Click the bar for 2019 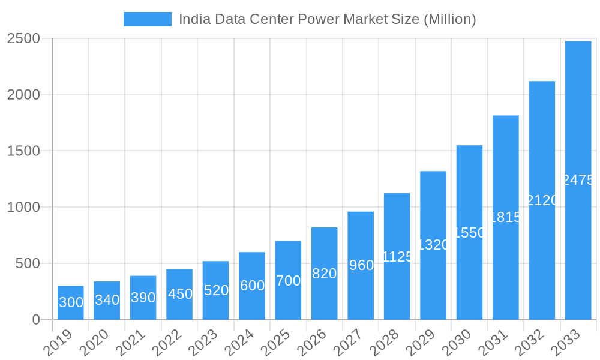pos(71,302)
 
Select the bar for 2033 pos(578,180)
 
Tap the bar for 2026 pos(324,273)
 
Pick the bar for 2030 pos(469,232)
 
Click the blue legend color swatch pos(147,19)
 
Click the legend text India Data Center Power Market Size pos(327,19)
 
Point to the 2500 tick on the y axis pos(23,38)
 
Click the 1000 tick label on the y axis pos(23,207)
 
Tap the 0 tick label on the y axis pos(36,320)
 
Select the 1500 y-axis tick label pos(23,151)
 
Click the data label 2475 pos(578,180)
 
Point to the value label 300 pos(71,302)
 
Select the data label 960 pos(361,265)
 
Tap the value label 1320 pos(433,245)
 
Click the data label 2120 pos(542,200)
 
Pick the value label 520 pos(216,290)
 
